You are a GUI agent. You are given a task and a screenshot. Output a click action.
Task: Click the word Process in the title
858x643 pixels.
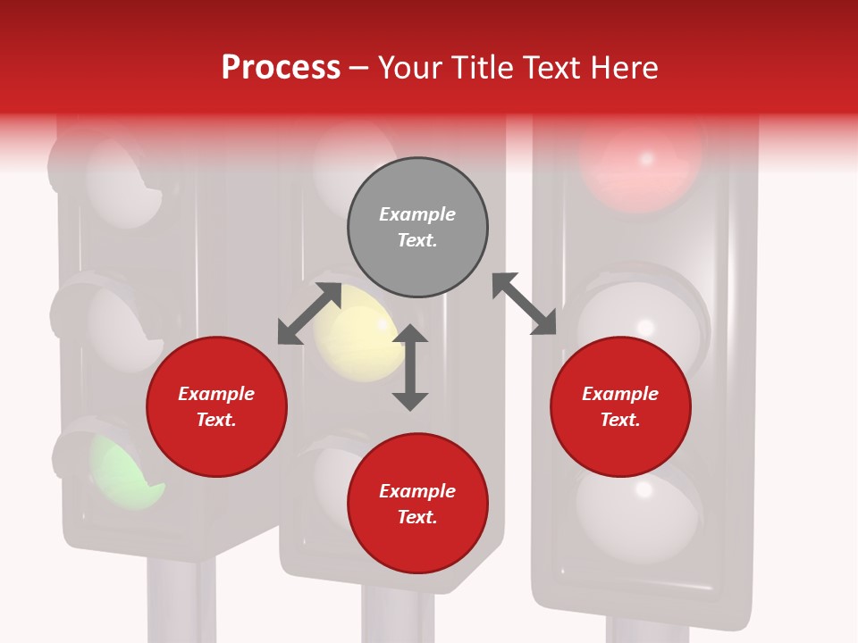pyautogui.click(x=281, y=68)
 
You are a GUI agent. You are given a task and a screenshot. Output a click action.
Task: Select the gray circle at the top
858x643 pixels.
pyautogui.click(x=417, y=227)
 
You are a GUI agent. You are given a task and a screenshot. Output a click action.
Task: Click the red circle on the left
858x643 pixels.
pyautogui.click(x=216, y=406)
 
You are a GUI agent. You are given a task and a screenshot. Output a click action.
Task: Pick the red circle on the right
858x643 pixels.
pyautogui.click(x=620, y=406)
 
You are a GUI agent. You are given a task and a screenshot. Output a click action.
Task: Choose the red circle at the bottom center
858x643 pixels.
pyautogui.click(x=417, y=504)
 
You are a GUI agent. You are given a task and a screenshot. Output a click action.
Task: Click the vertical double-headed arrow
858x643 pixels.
pyautogui.click(x=410, y=367)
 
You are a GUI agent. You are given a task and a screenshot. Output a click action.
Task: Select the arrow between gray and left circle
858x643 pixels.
pyautogui.click(x=309, y=313)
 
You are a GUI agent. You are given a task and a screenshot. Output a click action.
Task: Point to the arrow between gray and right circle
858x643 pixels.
pyautogui.click(x=525, y=304)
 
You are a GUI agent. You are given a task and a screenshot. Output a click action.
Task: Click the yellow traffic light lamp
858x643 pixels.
pyautogui.click(x=357, y=332)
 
